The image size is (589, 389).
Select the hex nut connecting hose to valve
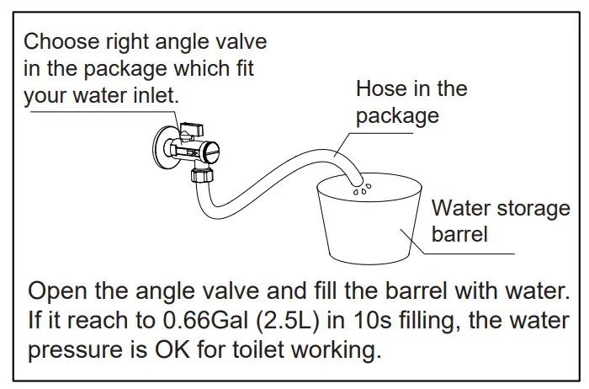(x=202, y=176)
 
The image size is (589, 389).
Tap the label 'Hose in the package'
(x=411, y=102)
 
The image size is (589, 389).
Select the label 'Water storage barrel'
(x=500, y=221)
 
